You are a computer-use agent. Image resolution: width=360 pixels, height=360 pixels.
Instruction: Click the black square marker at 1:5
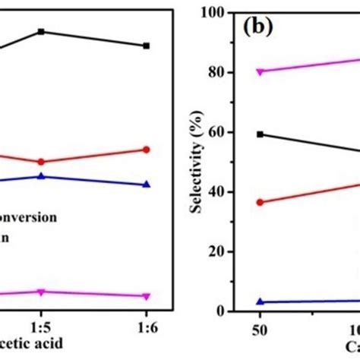click(41, 31)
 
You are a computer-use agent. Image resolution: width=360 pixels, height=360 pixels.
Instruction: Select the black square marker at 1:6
click(147, 46)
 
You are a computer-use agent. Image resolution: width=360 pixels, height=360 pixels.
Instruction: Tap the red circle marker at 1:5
click(41, 162)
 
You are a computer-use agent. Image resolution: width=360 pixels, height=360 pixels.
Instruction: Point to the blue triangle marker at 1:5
click(41, 176)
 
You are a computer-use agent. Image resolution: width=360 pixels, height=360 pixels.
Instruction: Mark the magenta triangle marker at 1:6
click(147, 296)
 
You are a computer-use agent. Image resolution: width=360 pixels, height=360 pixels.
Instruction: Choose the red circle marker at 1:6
click(147, 150)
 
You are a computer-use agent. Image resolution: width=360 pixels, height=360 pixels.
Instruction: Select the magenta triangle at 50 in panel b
click(261, 72)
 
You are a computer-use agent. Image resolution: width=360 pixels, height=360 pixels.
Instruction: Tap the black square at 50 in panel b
click(261, 134)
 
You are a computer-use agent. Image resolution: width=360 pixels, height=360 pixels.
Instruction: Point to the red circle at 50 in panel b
click(261, 203)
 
